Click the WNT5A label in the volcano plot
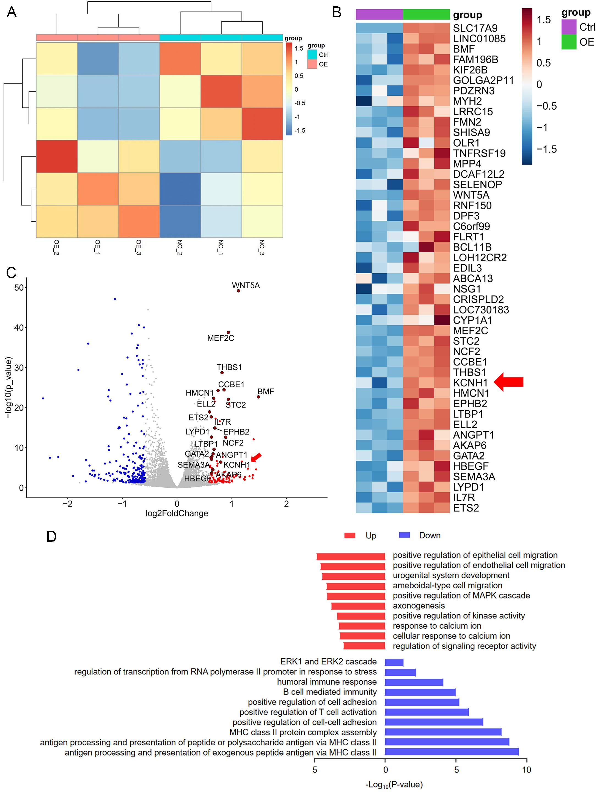click(246, 285)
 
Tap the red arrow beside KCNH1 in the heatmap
click(508, 382)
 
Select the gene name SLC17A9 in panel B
click(475, 28)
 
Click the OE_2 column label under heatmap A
click(57, 248)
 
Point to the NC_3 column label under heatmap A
click(262, 248)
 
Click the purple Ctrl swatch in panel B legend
click(569, 27)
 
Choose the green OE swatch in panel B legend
click(569, 42)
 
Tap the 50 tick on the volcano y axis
click(19, 287)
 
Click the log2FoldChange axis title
click(177, 513)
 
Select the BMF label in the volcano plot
click(266, 392)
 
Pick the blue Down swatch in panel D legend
click(405, 535)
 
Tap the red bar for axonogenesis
click(358, 606)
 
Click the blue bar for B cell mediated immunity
click(420, 692)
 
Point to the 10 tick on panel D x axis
click(527, 770)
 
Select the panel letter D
click(51, 537)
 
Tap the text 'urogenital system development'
click(451, 576)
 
